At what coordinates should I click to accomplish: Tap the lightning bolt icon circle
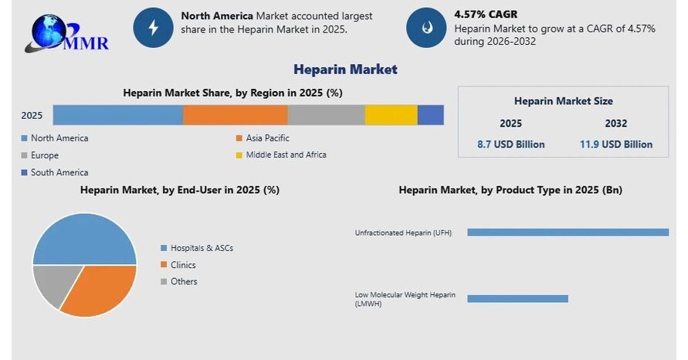point(153,28)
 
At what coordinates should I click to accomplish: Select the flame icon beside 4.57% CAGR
point(425,28)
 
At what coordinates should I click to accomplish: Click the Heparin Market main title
point(345,70)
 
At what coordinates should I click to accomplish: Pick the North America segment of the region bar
point(117,114)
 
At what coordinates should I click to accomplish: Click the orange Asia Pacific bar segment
point(236,114)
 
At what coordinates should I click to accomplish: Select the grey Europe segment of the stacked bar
point(326,114)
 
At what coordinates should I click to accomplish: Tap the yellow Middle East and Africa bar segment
point(391,114)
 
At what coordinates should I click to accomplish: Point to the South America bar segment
point(431,114)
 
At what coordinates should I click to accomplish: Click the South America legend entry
point(59,172)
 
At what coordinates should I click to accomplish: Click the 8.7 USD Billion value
point(511,144)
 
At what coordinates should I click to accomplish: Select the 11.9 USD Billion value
point(616,144)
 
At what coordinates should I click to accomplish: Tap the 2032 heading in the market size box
point(616,124)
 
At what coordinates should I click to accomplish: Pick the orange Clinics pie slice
point(100,290)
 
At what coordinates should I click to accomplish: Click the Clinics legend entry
point(183,265)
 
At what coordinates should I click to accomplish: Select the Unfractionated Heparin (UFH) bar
point(568,232)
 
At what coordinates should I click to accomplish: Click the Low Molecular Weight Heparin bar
point(517,298)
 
